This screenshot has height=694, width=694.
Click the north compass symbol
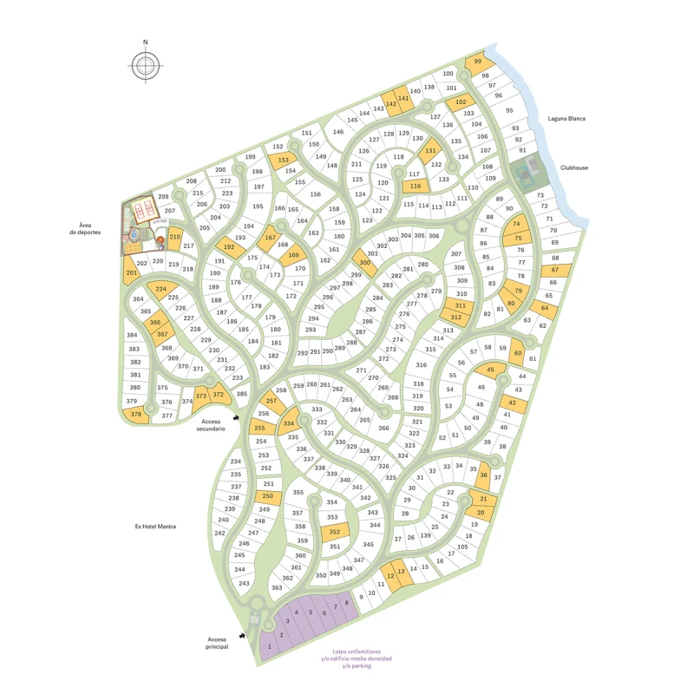[x=146, y=64]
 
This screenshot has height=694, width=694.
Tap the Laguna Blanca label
[x=566, y=118]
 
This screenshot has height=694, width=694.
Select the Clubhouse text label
[x=573, y=168]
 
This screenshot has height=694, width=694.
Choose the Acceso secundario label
[x=211, y=424]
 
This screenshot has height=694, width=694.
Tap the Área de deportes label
[x=84, y=229]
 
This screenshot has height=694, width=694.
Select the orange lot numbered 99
[x=478, y=62]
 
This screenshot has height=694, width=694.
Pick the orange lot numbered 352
[x=335, y=532]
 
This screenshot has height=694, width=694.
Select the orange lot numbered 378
[x=136, y=415]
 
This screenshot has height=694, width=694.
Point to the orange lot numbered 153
[x=283, y=160]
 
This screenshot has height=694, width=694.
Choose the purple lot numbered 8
[x=347, y=603]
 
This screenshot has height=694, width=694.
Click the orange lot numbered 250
[x=265, y=496]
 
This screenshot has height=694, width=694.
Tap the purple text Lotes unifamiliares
[x=356, y=652]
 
